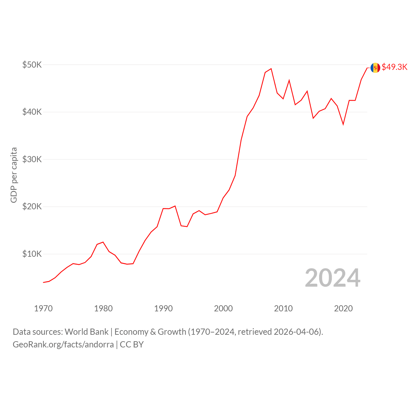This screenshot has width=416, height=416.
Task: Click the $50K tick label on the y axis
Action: click(32, 65)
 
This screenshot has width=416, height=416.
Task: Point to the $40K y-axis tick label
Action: click(32, 112)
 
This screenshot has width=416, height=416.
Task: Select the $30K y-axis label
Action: click(32, 159)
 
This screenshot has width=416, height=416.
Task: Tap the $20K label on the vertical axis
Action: click(32, 207)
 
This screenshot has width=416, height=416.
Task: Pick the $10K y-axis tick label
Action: click(32, 254)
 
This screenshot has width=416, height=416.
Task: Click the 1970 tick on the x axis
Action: click(44, 308)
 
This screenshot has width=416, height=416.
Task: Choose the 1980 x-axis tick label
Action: click(103, 308)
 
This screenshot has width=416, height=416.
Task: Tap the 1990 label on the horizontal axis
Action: click(163, 308)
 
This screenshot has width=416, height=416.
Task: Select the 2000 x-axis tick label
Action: click(223, 308)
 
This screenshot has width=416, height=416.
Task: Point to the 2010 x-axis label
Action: click(283, 308)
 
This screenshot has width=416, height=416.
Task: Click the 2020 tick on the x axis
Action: click(344, 308)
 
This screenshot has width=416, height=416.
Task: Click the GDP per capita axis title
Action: click(14, 175)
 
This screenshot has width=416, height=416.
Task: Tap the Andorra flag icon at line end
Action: click(375, 68)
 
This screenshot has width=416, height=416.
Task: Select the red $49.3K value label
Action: click(395, 67)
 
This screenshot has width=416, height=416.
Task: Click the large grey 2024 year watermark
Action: click(333, 278)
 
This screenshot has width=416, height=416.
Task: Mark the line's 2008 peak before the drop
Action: click(271, 69)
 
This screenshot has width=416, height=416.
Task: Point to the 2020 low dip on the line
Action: click(343, 124)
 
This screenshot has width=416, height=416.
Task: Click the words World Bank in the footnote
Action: click(86, 332)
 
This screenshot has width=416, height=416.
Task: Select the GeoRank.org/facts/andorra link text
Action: click(63, 344)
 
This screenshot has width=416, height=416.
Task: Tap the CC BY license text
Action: click(132, 344)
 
